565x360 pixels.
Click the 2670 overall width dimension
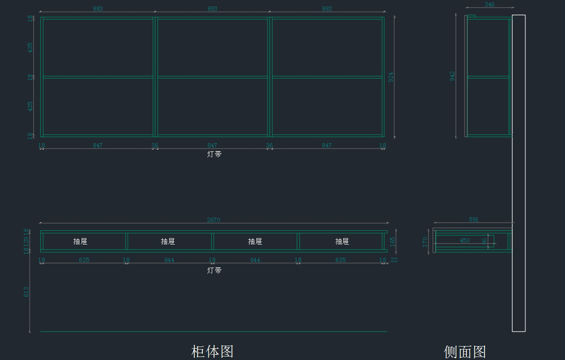[x=213, y=220]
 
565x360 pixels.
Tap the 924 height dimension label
[x=391, y=77]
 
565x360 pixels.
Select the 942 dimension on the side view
[x=452, y=76]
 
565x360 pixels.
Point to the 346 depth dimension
[x=489, y=5]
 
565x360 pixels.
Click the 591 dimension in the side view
[x=474, y=219]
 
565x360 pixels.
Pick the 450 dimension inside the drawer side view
[x=465, y=240]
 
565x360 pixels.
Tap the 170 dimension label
[x=425, y=242]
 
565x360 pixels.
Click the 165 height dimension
[x=393, y=241]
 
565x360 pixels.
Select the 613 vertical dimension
[x=26, y=292]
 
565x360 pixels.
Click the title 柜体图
[x=212, y=351]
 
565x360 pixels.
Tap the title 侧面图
[x=465, y=352]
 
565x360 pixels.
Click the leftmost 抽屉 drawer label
[x=80, y=241]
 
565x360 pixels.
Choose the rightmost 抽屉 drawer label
[x=342, y=241]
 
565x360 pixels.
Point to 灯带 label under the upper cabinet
[x=214, y=154]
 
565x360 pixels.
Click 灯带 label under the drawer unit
[x=214, y=271]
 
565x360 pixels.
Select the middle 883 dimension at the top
[x=212, y=8]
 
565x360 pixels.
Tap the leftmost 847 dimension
[x=97, y=145]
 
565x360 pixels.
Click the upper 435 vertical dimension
[x=31, y=47]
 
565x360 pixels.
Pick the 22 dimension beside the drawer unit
[x=394, y=260]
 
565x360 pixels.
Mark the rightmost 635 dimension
[x=340, y=260]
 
